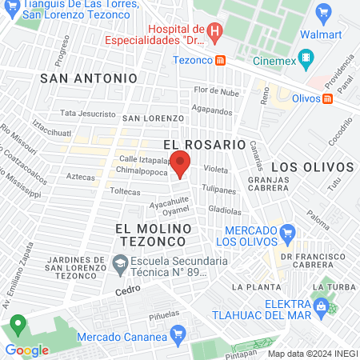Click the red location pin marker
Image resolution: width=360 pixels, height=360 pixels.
tap(181, 163)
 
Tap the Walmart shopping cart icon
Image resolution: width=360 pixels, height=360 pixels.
tap(323, 12)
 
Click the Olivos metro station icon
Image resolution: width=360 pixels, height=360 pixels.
tap(327, 98)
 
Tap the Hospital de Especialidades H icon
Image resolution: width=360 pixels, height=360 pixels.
tap(214, 31)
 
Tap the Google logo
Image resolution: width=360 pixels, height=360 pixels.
tap(26, 350)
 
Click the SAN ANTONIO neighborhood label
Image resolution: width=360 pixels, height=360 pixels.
tap(89, 78)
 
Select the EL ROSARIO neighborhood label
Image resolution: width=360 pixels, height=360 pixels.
tap(203, 144)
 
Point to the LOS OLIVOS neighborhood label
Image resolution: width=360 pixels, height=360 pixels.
tap(313, 166)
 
